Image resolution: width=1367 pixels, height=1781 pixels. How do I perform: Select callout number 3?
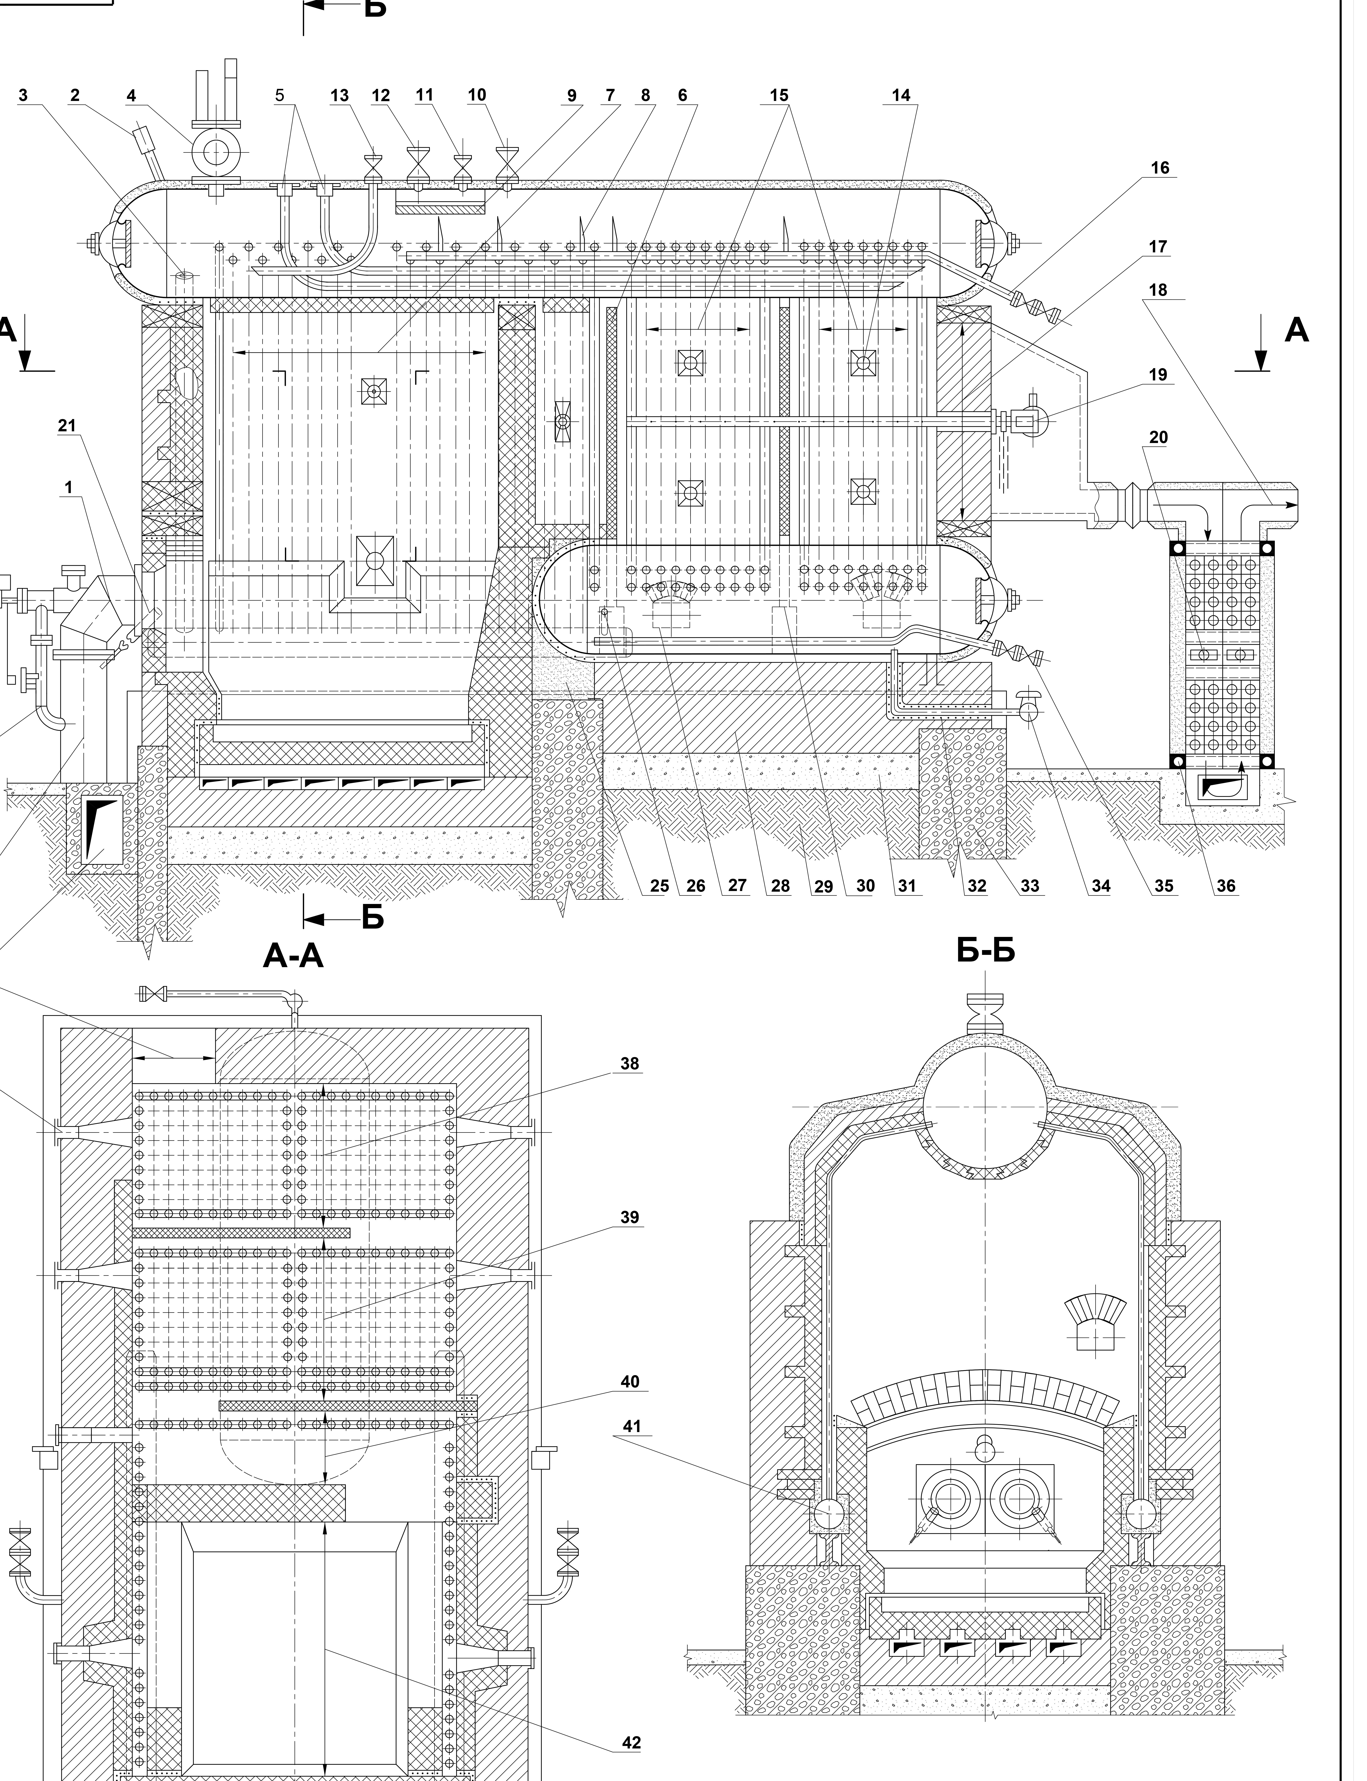coord(23,95)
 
